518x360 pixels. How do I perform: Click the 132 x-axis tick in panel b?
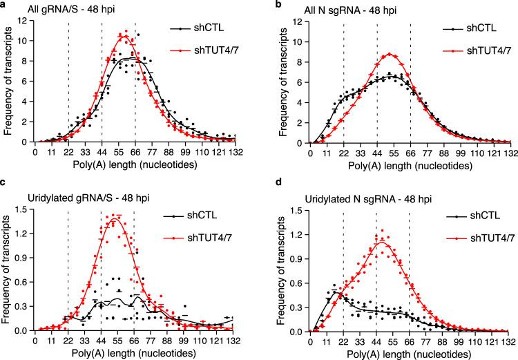pyautogui.click(x=510, y=152)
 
